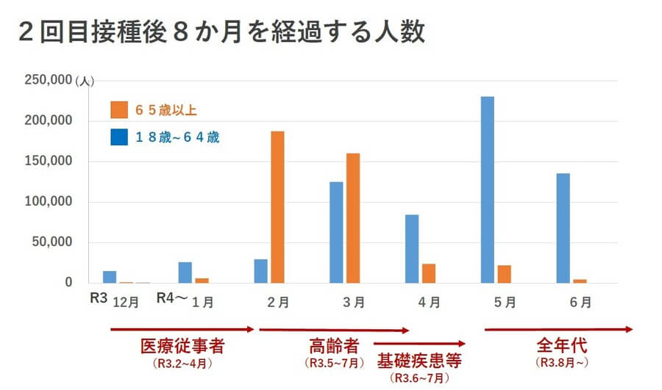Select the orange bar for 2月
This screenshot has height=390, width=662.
pyautogui.click(x=277, y=207)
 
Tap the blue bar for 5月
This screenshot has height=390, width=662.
pyautogui.click(x=487, y=189)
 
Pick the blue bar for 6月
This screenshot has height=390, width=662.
pyautogui.click(x=563, y=228)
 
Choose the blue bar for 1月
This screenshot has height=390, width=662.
pyautogui.click(x=185, y=272)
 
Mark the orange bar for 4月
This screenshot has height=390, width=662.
pyautogui.click(x=429, y=273)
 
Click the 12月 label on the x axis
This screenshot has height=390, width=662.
pyautogui.click(x=125, y=301)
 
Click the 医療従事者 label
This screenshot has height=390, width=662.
pyautogui.click(x=182, y=345)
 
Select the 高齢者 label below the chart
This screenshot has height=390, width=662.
pyautogui.click(x=335, y=345)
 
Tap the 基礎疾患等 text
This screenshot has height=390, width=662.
pyautogui.click(x=419, y=361)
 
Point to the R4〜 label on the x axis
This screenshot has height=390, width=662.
pyautogui.click(x=174, y=298)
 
